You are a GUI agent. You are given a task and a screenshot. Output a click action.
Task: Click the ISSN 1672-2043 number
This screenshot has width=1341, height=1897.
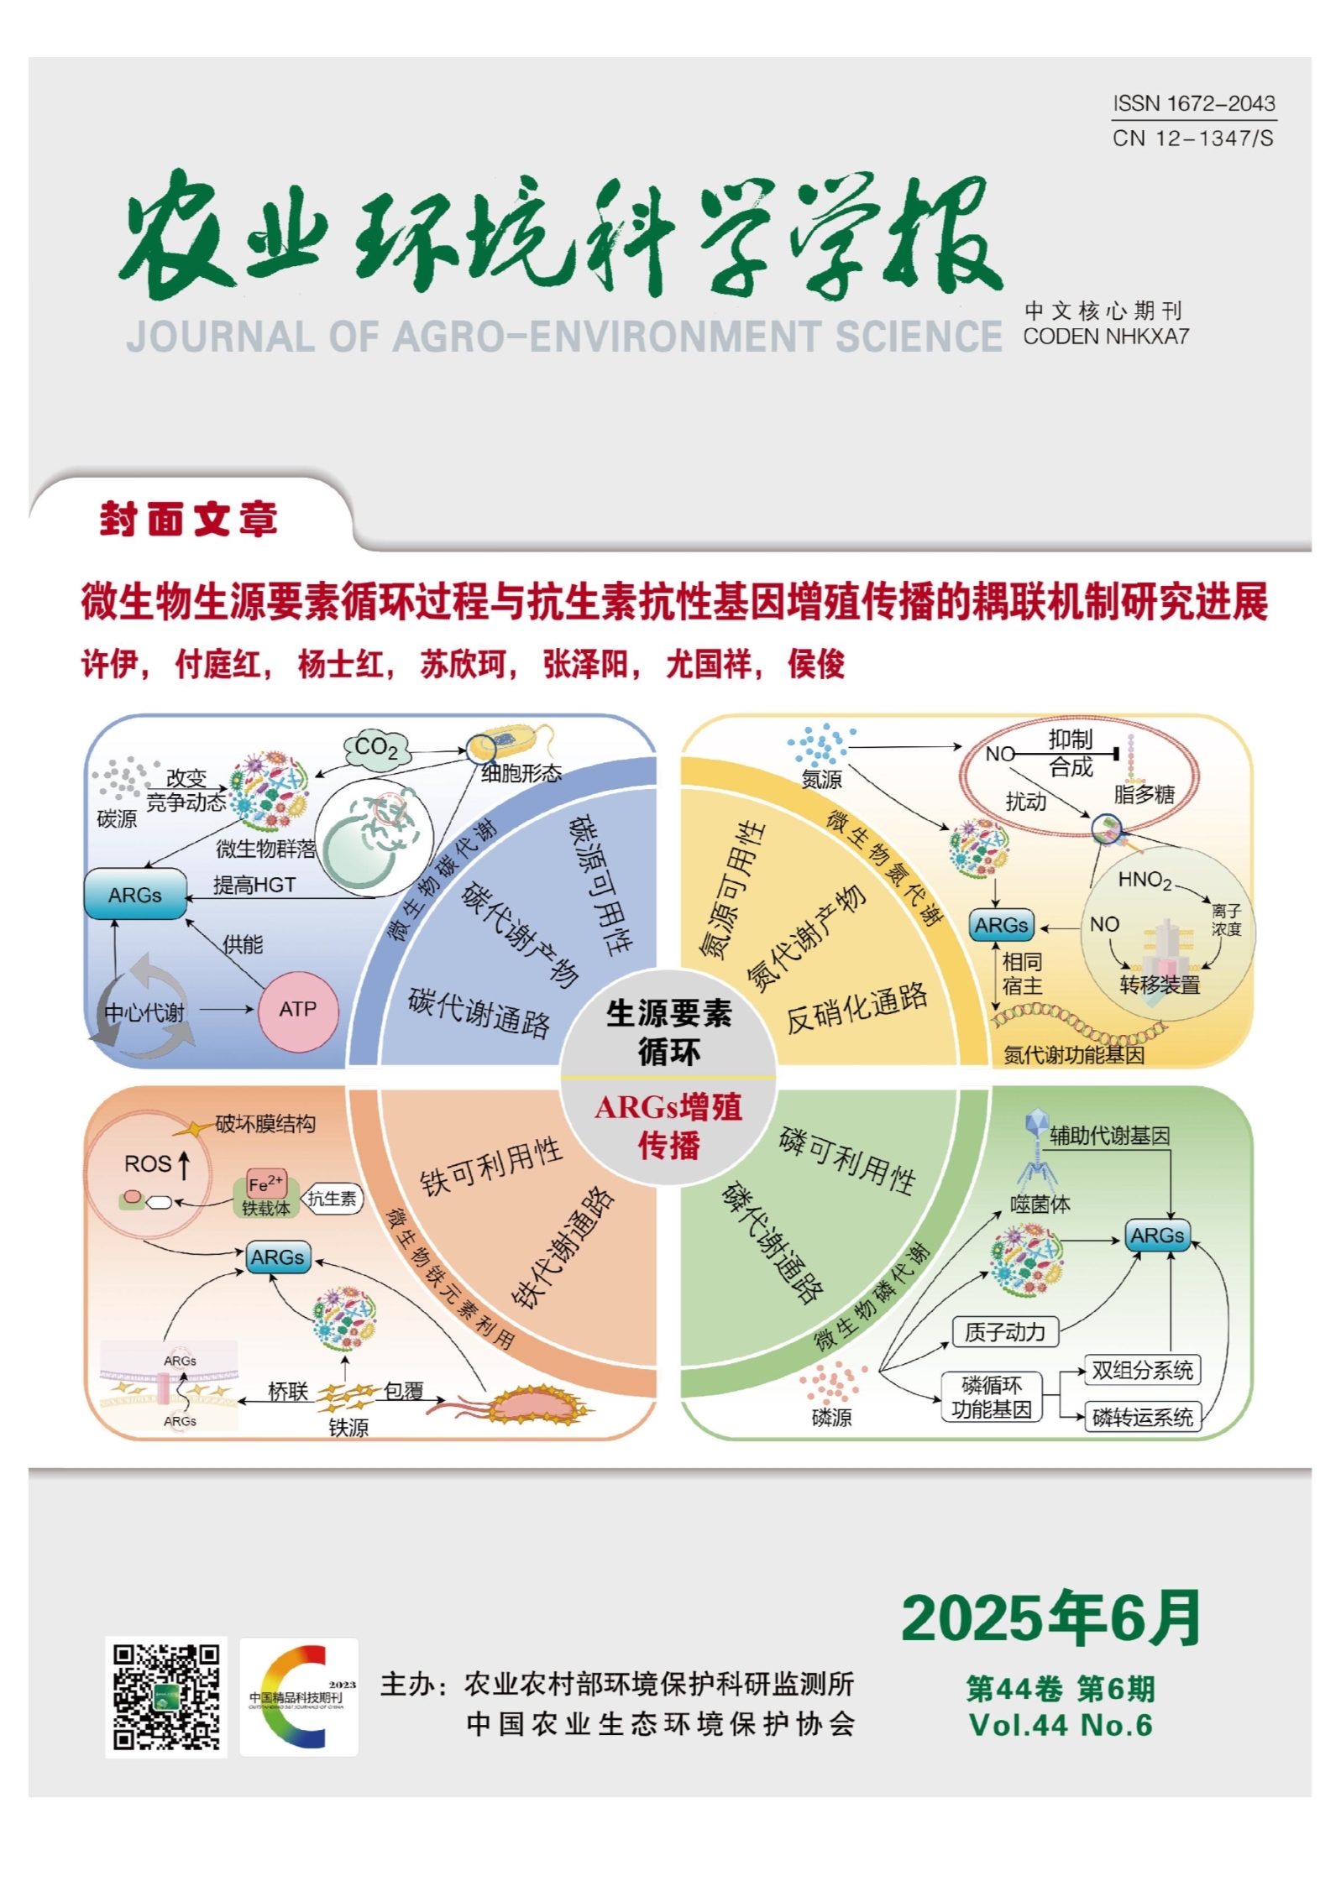click(1193, 103)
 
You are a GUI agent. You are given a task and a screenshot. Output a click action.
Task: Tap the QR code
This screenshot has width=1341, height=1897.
click(166, 1697)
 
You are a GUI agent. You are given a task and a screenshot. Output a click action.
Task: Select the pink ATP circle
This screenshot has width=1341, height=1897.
click(298, 1010)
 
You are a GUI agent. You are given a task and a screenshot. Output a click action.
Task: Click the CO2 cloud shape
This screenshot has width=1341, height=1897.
click(376, 747)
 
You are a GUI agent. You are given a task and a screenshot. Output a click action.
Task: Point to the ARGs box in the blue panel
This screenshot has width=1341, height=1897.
click(135, 895)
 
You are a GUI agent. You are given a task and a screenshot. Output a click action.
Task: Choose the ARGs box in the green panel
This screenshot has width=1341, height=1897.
click(1156, 1236)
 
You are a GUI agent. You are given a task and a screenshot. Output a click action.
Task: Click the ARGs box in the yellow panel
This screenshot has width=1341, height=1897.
click(1001, 925)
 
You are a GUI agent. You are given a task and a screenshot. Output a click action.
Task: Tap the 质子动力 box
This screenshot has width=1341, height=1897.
click(1005, 1331)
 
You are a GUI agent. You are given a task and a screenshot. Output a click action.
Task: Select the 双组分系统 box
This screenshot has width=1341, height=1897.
click(1142, 1371)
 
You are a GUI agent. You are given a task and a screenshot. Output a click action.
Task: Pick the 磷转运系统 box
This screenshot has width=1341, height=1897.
click(1142, 1417)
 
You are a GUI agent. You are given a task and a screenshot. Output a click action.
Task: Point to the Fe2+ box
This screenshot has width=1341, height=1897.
click(266, 1184)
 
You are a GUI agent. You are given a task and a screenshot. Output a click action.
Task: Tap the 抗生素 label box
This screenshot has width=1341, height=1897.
click(332, 1199)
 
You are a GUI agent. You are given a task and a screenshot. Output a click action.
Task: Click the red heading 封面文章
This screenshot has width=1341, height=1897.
click(189, 519)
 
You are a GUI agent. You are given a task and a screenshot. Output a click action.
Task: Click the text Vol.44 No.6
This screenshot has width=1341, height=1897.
click(1061, 1725)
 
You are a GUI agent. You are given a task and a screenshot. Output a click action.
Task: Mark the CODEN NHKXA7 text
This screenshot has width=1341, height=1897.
click(1106, 337)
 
